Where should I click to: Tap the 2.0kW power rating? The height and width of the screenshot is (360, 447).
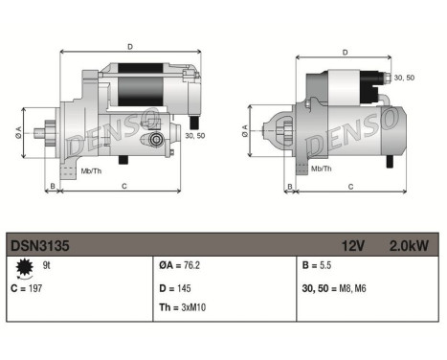click(409, 246)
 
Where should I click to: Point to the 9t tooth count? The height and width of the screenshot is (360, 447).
click(47, 266)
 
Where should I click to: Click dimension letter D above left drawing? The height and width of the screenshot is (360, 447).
click(130, 44)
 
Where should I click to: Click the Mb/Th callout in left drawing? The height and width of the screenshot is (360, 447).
click(90, 172)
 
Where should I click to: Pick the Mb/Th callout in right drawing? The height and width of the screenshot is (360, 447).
click(323, 169)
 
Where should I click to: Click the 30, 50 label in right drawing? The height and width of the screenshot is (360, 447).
click(404, 78)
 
